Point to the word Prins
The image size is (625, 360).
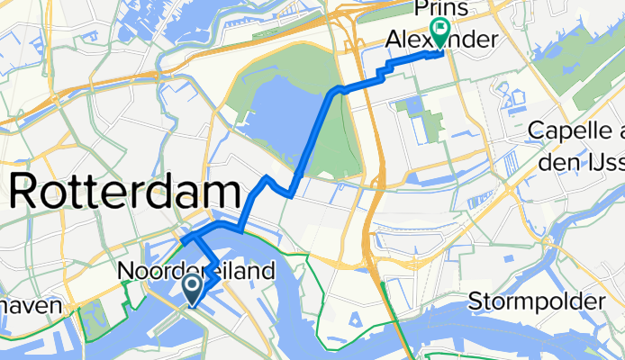(x=440, y=9)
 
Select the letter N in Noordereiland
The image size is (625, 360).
(x=126, y=270)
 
